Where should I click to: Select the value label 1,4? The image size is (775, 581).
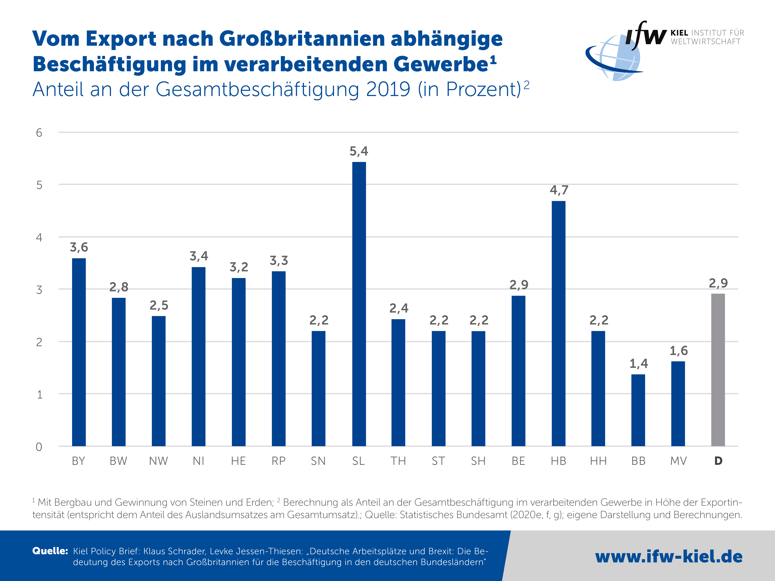click(x=638, y=364)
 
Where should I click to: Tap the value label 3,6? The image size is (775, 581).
click(x=79, y=247)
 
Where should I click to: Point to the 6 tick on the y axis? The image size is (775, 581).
click(x=39, y=133)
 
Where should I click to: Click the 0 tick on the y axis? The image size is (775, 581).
click(x=39, y=447)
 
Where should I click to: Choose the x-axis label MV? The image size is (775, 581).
click(x=678, y=461)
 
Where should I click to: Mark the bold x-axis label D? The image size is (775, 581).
click(x=718, y=461)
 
